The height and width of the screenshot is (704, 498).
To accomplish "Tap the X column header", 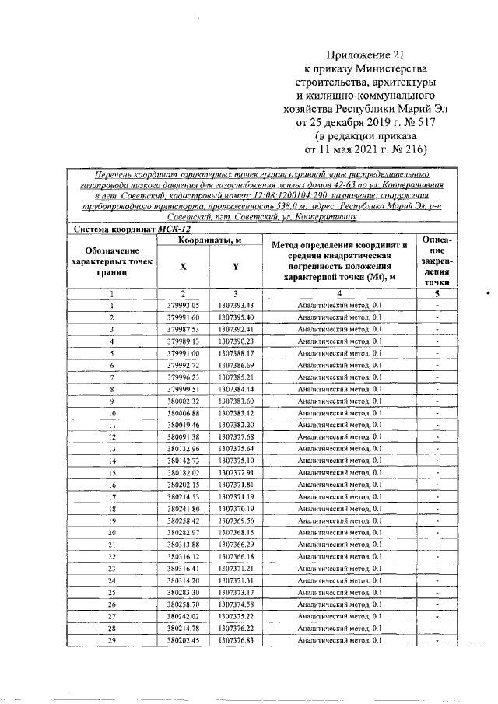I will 183,265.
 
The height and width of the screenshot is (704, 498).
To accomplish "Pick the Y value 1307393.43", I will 237,306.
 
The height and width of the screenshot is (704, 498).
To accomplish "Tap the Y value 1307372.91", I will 237,472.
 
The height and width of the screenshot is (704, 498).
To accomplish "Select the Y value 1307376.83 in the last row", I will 237,640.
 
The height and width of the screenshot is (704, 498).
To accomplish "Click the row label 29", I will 113,640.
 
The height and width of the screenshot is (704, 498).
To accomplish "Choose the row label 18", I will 113,509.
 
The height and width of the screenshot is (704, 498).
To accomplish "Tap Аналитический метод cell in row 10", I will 338,413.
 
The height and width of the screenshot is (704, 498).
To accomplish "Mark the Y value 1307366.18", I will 237,556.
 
